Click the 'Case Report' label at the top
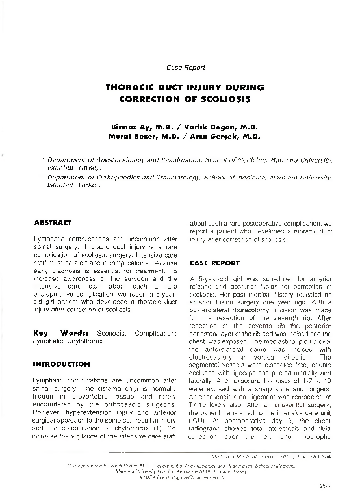(x=186, y=67)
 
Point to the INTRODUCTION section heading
(x=61, y=364)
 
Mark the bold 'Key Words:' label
(x=61, y=333)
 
